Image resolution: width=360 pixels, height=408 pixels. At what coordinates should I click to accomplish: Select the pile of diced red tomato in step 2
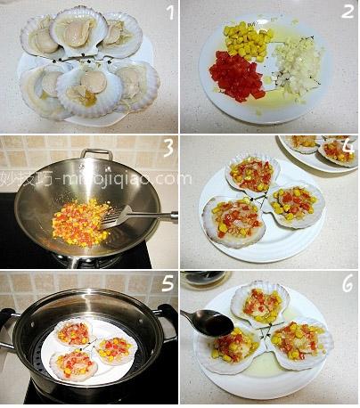(236, 76)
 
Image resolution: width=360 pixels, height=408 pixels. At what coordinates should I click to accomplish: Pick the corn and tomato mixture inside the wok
(78, 223)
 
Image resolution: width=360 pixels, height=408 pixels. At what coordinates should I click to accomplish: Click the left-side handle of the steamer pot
(6, 317)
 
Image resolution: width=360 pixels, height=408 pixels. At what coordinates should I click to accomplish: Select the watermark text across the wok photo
(89, 179)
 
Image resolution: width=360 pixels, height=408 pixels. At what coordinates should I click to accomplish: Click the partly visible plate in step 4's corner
(322, 150)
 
